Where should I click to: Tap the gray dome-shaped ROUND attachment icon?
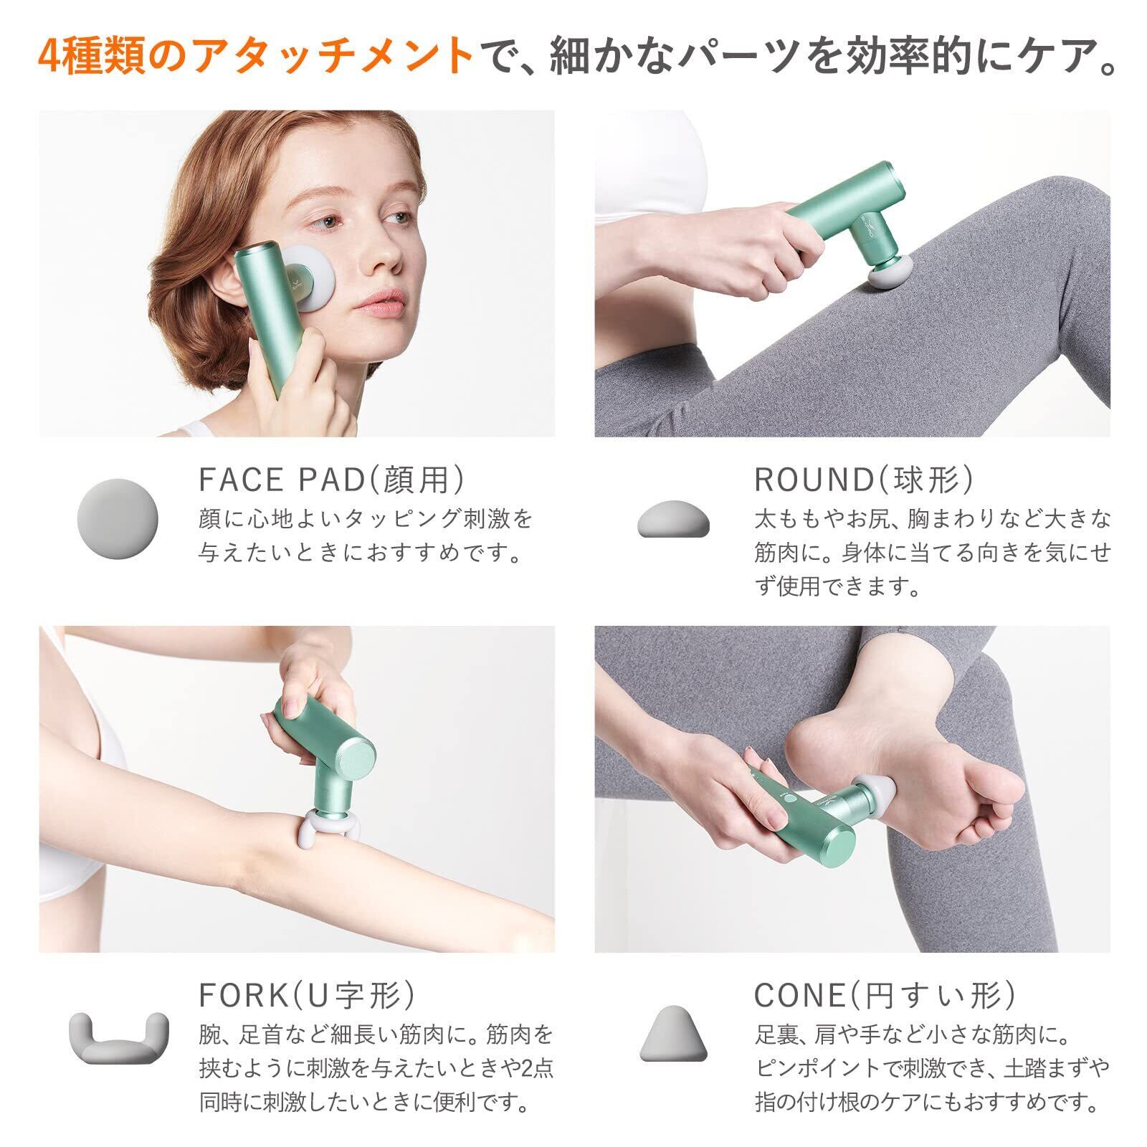(673, 520)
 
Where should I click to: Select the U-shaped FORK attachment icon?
(118, 1037)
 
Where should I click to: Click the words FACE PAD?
(282, 480)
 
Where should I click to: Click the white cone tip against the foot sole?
(877, 791)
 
